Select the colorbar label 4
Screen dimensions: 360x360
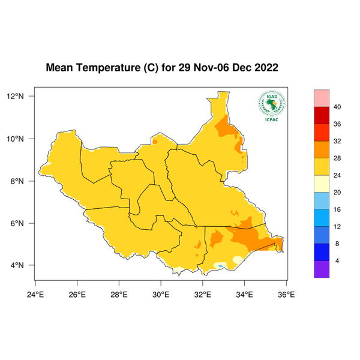point(337,260)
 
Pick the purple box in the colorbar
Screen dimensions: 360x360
point(322,269)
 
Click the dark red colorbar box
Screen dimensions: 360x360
point(322,115)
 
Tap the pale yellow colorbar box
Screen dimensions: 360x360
point(322,184)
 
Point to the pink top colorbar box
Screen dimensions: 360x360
point(322,98)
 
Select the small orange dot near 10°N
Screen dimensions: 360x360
point(155,142)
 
